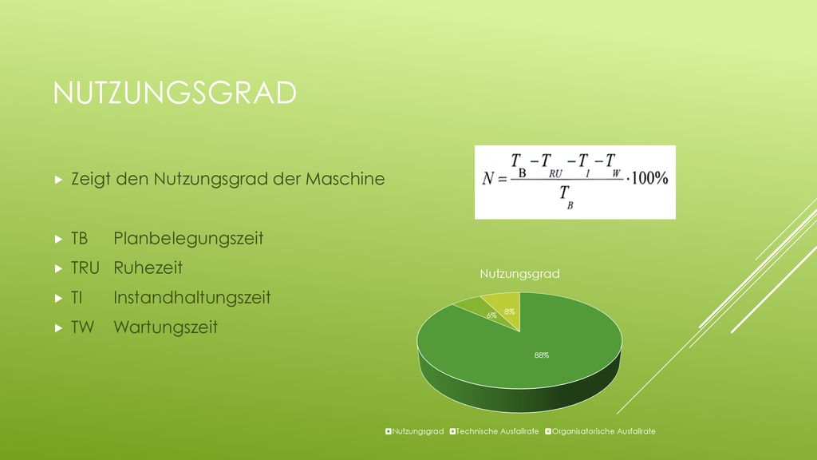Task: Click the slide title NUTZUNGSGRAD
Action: click(175, 93)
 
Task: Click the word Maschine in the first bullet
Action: click(345, 179)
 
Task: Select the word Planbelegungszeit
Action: click(188, 239)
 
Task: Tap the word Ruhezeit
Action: click(148, 268)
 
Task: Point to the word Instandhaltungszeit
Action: click(192, 298)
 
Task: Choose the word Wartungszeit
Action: click(166, 327)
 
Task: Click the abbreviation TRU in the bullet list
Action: click(85, 268)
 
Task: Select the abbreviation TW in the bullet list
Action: click(82, 327)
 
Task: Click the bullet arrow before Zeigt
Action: click(58, 180)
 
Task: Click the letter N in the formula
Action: click(487, 179)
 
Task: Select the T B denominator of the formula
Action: click(566, 197)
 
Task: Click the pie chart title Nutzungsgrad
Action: click(519, 274)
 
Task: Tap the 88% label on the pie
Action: click(542, 355)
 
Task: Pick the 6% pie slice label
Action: click(491, 315)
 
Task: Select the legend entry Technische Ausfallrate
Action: click(494, 431)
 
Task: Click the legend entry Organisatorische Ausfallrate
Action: click(600, 431)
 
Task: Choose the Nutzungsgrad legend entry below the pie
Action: click(414, 431)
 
